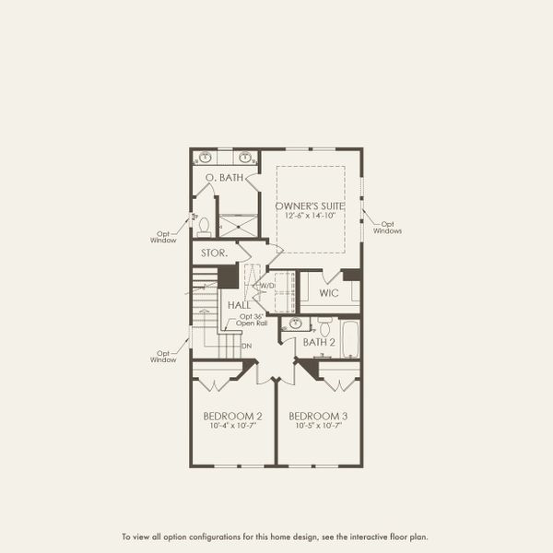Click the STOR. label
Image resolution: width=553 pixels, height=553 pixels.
(x=214, y=251)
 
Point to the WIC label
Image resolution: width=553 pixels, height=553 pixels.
(x=329, y=293)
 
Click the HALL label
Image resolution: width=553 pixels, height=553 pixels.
(x=239, y=304)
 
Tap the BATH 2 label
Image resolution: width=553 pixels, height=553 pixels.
(x=319, y=343)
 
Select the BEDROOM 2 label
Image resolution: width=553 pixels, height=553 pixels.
(x=231, y=416)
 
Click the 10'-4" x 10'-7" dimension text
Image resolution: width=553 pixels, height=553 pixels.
(x=231, y=426)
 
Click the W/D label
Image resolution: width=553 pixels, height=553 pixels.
(x=267, y=286)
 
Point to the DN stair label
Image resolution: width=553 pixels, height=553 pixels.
(x=246, y=347)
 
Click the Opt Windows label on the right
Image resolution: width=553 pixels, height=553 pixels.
(x=388, y=227)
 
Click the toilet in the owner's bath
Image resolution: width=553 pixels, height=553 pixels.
(x=205, y=225)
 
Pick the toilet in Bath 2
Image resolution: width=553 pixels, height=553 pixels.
(x=324, y=327)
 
